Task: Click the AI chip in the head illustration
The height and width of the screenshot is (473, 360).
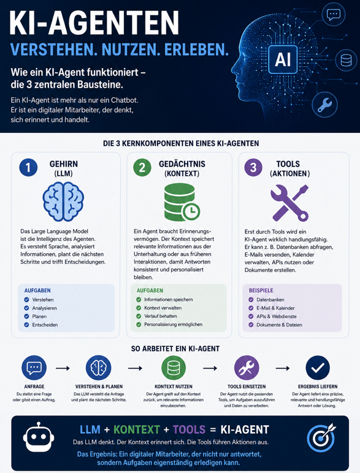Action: (x=283, y=59)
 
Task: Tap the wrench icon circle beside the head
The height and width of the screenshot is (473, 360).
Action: (x=324, y=104)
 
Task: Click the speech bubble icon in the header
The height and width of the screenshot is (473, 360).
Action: (x=334, y=14)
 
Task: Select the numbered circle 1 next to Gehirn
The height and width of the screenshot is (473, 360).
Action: (x=28, y=167)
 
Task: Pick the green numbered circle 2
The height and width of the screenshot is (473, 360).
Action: (x=142, y=167)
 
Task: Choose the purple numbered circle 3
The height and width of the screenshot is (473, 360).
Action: (x=253, y=167)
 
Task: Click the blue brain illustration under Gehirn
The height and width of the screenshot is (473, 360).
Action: (x=63, y=201)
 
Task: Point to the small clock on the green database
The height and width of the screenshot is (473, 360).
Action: (x=191, y=211)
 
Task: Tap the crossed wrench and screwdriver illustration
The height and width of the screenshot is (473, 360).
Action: (x=289, y=203)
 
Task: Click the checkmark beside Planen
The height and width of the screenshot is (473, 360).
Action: (x=26, y=316)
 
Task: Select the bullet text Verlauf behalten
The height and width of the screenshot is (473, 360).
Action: (x=160, y=316)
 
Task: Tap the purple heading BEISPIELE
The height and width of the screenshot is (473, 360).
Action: (x=261, y=290)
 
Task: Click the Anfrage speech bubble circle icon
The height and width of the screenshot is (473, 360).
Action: (x=34, y=368)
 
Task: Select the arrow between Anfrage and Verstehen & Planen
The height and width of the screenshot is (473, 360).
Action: (x=63, y=368)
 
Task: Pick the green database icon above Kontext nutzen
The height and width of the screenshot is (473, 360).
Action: (x=174, y=368)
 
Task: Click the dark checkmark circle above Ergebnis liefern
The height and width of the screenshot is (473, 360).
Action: (x=318, y=368)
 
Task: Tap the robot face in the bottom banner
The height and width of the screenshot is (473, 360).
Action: (x=39, y=437)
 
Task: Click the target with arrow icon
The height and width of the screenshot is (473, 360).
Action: (x=321, y=437)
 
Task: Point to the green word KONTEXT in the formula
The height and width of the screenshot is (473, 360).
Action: (x=137, y=429)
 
